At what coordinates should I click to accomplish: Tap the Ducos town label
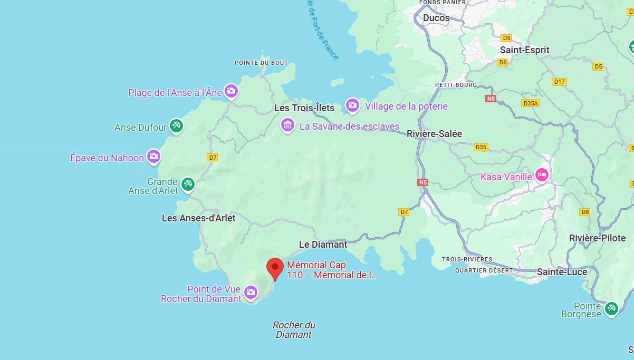point(436,18)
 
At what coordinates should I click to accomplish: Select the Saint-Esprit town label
point(524,50)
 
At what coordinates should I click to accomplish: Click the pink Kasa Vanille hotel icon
point(541,175)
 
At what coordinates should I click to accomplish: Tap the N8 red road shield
point(491,99)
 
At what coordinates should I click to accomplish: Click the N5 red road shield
point(422,182)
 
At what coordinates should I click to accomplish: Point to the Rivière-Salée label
point(434,134)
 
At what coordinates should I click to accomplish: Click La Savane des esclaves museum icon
point(287,125)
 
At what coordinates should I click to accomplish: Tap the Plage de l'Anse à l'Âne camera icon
point(230,91)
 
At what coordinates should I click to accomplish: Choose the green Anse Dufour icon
point(176,125)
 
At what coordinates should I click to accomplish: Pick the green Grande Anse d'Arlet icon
point(188,184)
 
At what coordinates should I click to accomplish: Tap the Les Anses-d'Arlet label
point(198,218)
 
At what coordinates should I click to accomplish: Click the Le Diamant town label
point(323,245)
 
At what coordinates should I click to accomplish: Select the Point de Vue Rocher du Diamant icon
point(250,291)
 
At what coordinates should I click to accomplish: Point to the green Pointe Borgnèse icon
point(611,308)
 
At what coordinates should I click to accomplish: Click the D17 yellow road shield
point(559,82)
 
